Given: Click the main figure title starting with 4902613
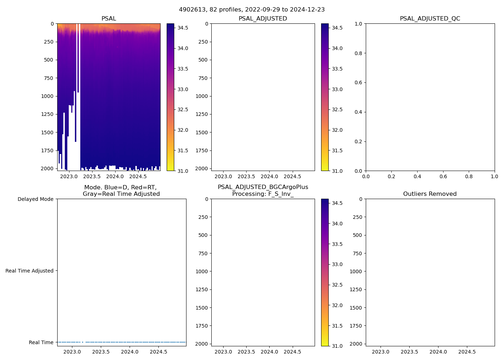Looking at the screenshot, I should (x=252, y=10).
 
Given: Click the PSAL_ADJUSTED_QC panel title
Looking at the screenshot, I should (x=430, y=19).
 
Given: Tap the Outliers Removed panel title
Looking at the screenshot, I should (x=430, y=194).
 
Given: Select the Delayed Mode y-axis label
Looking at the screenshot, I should (x=35, y=199).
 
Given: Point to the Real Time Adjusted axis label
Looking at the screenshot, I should (x=29, y=271).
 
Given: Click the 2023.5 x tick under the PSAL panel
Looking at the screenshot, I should (x=92, y=177).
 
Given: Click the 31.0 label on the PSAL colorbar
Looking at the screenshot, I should (x=183, y=171).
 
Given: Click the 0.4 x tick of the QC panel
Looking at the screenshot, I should (x=417, y=177).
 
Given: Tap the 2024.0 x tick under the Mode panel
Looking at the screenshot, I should (x=130, y=352).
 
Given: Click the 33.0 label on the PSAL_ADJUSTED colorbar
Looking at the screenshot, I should (x=337, y=89).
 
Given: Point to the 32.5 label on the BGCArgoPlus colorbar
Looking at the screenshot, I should (x=337, y=285).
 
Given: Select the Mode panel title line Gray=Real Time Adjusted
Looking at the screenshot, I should (x=121, y=194).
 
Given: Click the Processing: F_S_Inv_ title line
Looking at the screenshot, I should (x=263, y=194).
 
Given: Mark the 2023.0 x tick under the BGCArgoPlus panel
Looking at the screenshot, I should (x=223, y=352).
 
